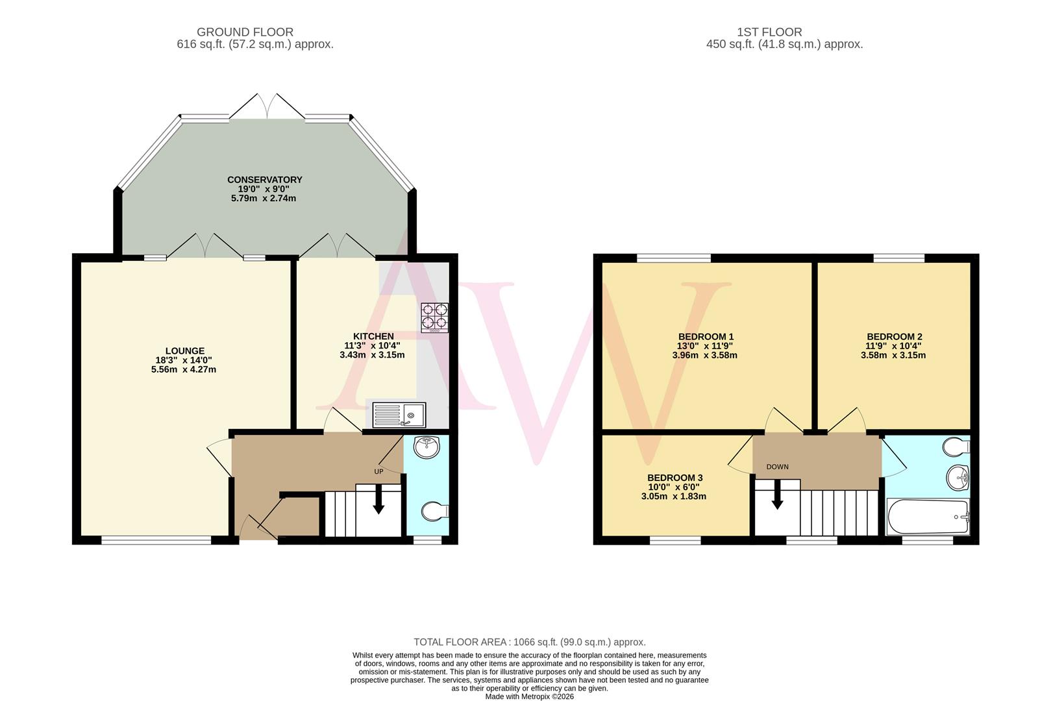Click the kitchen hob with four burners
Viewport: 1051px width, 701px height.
click(x=434, y=317)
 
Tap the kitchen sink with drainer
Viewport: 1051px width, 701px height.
click(x=399, y=415)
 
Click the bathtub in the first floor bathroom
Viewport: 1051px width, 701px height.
click(x=927, y=517)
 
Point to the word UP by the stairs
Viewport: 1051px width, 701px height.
click(x=378, y=471)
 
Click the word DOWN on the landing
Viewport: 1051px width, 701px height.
click(x=777, y=467)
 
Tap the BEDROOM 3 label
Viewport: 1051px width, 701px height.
click(x=674, y=478)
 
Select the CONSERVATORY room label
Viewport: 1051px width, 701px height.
click(x=264, y=180)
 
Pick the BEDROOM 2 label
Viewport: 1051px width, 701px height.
click(x=894, y=336)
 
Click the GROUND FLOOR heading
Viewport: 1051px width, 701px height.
click(x=245, y=32)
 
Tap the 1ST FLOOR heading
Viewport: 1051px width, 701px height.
click(x=769, y=32)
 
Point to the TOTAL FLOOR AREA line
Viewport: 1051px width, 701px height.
click(x=530, y=642)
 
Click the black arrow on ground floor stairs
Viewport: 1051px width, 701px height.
click(x=378, y=503)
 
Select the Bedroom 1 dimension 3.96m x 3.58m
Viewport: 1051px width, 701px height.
click(x=704, y=355)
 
